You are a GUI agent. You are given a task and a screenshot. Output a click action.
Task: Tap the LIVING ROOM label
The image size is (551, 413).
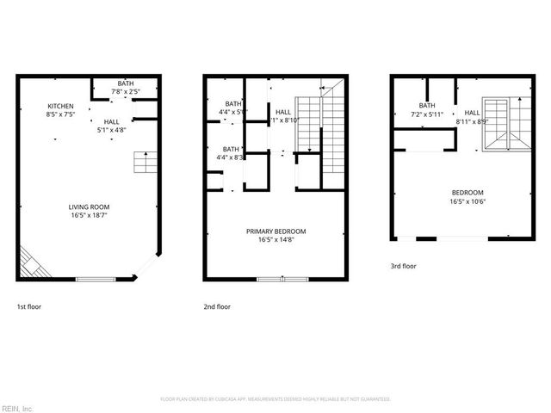pyautogui.click(x=90, y=207)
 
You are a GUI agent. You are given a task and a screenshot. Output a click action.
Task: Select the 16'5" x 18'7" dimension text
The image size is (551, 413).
pyautogui.click(x=90, y=216)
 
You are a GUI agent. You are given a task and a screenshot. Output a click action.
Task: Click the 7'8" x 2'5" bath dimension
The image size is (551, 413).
pyautogui.click(x=126, y=91)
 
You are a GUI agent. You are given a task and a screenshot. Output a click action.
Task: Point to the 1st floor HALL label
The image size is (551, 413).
pyautogui.click(x=112, y=122)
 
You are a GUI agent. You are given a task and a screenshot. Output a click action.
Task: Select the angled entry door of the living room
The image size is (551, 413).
pyautogui.click(x=147, y=266)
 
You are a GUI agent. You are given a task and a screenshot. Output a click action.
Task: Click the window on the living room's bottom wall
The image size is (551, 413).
pyautogui.click(x=96, y=279)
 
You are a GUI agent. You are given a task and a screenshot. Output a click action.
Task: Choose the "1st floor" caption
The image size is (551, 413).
pyautogui.click(x=28, y=306)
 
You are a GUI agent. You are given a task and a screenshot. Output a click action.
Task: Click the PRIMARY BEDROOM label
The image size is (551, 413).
pyautogui.click(x=275, y=231)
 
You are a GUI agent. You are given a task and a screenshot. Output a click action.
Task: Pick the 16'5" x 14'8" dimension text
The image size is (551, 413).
pyautogui.click(x=275, y=240)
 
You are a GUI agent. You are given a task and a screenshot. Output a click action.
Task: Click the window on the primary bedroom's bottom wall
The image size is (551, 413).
pyautogui.click(x=282, y=279)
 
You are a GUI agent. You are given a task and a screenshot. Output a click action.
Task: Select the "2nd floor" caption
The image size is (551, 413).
pyautogui.click(x=217, y=306)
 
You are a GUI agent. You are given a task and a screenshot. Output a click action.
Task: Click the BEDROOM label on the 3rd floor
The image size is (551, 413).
pyautogui.click(x=467, y=193)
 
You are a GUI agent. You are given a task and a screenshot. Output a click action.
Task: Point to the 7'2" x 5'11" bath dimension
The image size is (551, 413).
pyautogui.click(x=426, y=114)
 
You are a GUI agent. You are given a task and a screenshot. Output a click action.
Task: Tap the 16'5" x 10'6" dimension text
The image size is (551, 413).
pyautogui.click(x=467, y=201)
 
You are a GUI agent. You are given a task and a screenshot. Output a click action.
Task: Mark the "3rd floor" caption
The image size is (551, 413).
pyautogui.click(x=402, y=268)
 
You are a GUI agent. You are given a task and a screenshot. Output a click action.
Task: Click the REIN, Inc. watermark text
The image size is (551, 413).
pyautogui.click(x=16, y=408)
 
